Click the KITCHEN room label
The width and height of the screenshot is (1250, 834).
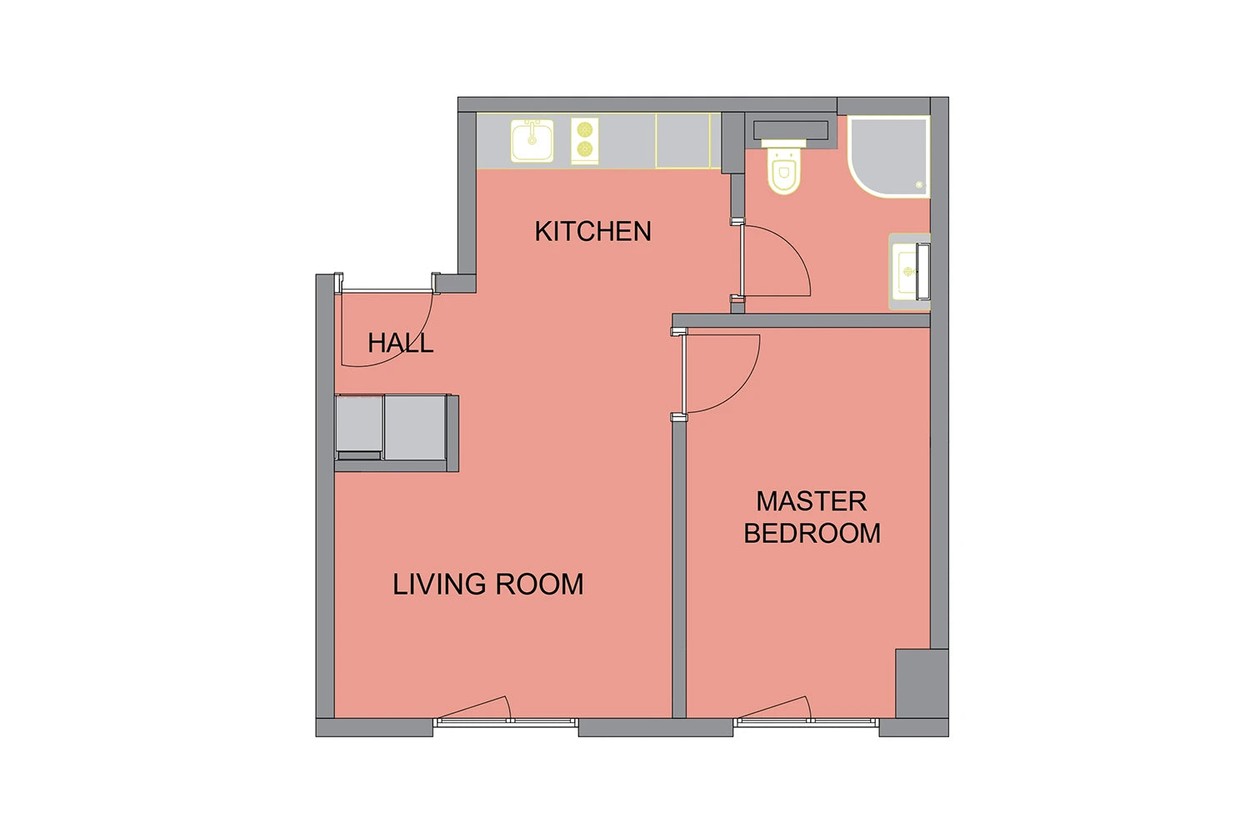pyautogui.click(x=592, y=231)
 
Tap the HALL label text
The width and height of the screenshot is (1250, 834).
pyautogui.click(x=400, y=343)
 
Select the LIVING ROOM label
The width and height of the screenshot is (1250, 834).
pyautogui.click(x=487, y=585)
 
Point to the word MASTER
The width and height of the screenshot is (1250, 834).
pyautogui.click(x=812, y=501)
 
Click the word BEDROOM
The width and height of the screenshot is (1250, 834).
pyautogui.click(x=812, y=533)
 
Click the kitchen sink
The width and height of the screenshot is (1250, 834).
pyautogui.click(x=532, y=141)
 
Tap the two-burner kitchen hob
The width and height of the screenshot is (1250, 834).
pyautogui.click(x=585, y=141)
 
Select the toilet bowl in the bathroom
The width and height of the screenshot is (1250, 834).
pyautogui.click(x=783, y=170)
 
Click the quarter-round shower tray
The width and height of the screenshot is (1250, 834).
pyautogui.click(x=888, y=157)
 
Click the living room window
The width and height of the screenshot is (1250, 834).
pyautogui.click(x=506, y=721)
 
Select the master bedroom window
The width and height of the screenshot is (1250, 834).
pyautogui.click(x=806, y=721)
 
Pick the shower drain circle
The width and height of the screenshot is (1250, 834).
pyautogui.click(x=919, y=184)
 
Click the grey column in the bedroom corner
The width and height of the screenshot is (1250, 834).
pyautogui.click(x=922, y=683)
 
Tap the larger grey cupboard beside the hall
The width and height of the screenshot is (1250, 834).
pyautogui.click(x=415, y=427)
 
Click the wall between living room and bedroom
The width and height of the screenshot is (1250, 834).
pyautogui.click(x=678, y=569)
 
